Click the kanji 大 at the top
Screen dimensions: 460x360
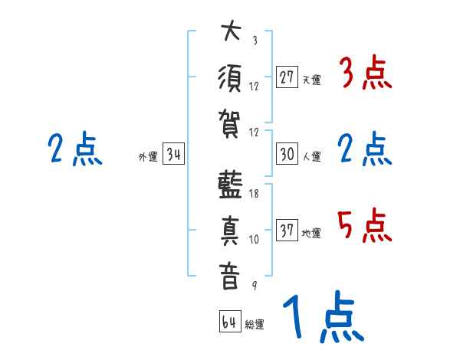coord(229,34)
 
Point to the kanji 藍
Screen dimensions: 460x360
coord(229,188)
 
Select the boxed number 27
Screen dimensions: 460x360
coord(287,77)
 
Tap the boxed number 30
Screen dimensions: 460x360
coord(287,154)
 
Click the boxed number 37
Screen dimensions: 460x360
coord(287,230)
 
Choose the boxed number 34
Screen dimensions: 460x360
coord(173,154)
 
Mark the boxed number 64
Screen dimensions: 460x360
coord(229,321)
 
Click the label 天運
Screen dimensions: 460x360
coord(312,80)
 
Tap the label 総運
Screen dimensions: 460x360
coord(255,324)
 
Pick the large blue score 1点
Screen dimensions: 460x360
coord(322,319)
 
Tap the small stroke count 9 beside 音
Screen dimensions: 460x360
coord(254,285)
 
